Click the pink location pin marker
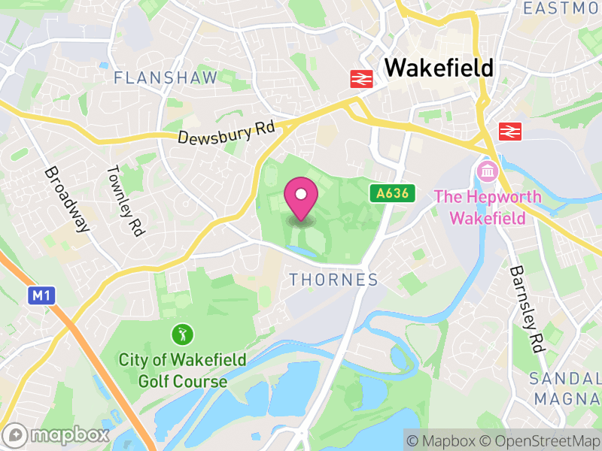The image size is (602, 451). (x=301, y=198)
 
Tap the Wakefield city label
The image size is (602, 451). (x=439, y=68)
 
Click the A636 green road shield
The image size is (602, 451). (x=392, y=193)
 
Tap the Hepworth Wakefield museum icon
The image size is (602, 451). (x=486, y=172)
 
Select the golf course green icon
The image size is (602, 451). (x=181, y=332)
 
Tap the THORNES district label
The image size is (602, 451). (x=333, y=280)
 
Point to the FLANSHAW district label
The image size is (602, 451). (x=166, y=77)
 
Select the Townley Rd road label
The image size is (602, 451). (x=124, y=201)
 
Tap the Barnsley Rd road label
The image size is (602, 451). (x=527, y=309)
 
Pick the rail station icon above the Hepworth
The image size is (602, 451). (x=509, y=132)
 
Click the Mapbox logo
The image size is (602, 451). (x=57, y=434)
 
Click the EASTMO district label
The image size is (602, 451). (x=563, y=8)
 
